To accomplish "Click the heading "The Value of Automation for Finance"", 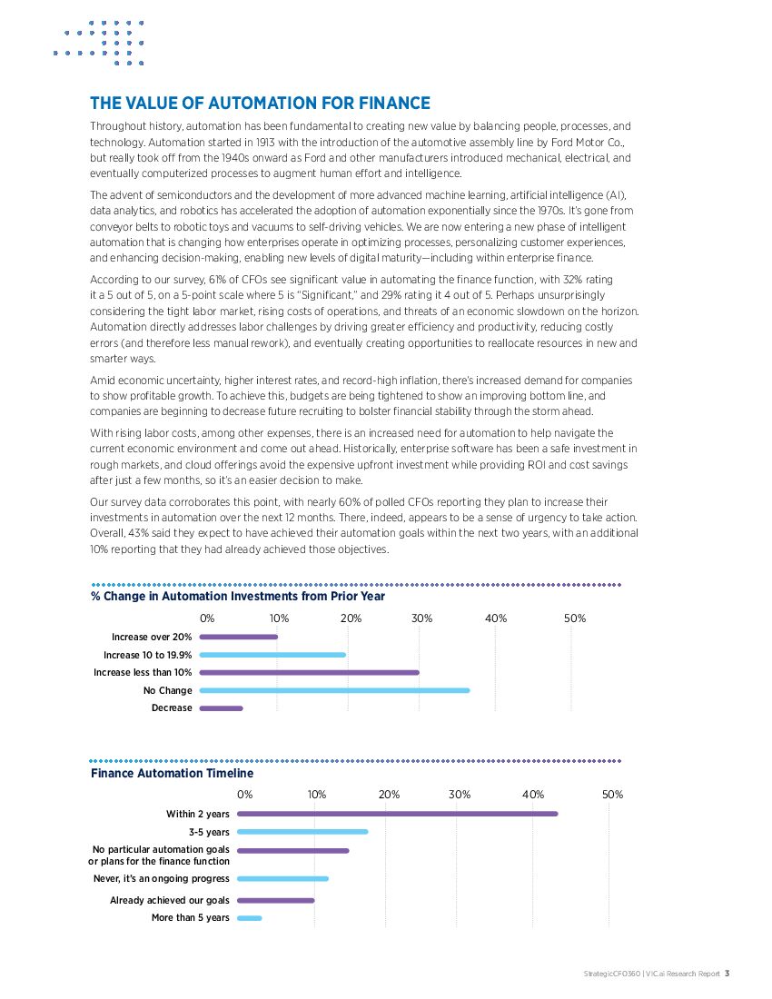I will tap(260, 104).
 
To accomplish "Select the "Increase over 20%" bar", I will tap(238, 637).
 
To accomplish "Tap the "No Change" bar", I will tap(334, 690).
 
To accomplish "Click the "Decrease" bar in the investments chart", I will tap(221, 707).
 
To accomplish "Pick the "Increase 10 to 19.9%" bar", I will tap(272, 655).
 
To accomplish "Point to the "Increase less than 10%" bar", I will tap(309, 672).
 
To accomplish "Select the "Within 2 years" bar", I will tap(397, 814).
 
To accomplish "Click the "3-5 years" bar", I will tap(302, 831).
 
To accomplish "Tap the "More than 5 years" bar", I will tap(249, 918).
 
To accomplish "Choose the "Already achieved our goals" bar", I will tap(275, 900).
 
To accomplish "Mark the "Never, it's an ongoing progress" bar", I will tap(282, 878).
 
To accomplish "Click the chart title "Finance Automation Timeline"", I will tap(172, 774).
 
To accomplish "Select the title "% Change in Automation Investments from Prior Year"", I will tap(238, 597).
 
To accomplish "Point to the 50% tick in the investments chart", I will tap(575, 618).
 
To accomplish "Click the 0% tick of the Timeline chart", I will tap(245, 795).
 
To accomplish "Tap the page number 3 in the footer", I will tap(727, 974).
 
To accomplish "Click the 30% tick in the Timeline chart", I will tap(460, 795).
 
